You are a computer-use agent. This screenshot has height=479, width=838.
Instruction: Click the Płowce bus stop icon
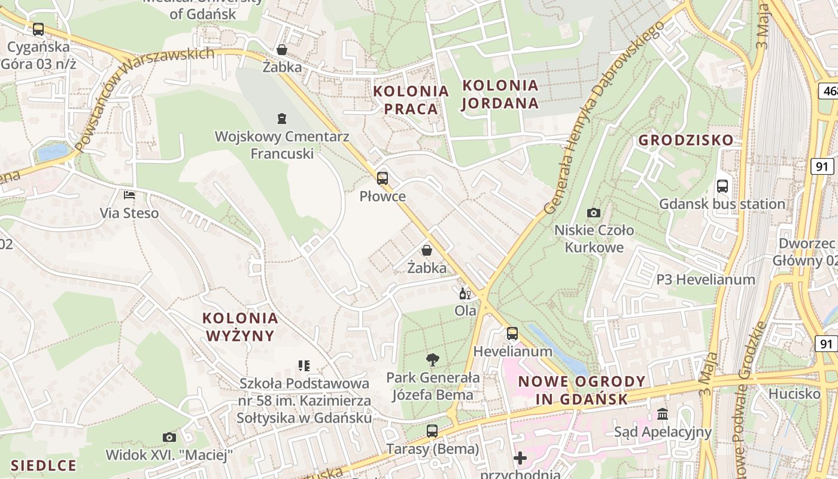pyautogui.click(x=382, y=178)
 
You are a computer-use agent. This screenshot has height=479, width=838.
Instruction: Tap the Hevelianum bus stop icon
pyautogui.click(x=512, y=334)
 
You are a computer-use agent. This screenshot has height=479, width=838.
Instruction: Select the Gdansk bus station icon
pyautogui.click(x=722, y=186)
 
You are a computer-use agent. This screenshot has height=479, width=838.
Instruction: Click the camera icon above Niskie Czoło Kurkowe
pyautogui.click(x=594, y=213)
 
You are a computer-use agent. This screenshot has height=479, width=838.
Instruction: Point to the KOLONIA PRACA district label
pyautogui.click(x=411, y=100)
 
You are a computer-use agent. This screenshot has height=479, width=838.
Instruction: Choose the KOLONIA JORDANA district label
pyautogui.click(x=500, y=94)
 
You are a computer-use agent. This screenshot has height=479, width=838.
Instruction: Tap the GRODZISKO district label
pyautogui.click(x=685, y=140)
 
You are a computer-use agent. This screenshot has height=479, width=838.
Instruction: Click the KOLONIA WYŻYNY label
pyautogui.click(x=240, y=326)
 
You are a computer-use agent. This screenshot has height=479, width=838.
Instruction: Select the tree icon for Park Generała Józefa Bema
pyautogui.click(x=432, y=360)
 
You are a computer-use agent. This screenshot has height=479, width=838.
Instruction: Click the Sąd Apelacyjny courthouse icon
pyautogui.click(x=663, y=414)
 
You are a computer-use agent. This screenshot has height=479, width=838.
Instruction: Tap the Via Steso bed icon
pyautogui.click(x=129, y=195)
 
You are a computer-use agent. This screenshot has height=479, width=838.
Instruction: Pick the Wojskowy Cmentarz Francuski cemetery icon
pyautogui.click(x=282, y=119)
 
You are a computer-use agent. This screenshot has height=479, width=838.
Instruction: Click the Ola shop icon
pyautogui.click(x=464, y=293)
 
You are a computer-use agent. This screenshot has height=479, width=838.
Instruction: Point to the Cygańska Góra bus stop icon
pyautogui.click(x=38, y=29)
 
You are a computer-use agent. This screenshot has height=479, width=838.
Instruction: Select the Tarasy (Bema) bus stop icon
pyautogui.click(x=432, y=431)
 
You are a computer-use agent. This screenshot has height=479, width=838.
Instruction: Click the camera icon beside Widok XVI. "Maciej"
pyautogui.click(x=169, y=438)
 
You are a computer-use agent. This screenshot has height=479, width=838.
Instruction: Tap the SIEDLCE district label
pyautogui.click(x=44, y=465)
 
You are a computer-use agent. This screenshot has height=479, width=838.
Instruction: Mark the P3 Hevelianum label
pyautogui.click(x=706, y=280)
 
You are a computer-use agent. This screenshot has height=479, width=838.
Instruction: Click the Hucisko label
pyautogui.click(x=794, y=393)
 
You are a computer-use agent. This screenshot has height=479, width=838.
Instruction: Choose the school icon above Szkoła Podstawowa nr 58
pyautogui.click(x=304, y=365)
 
